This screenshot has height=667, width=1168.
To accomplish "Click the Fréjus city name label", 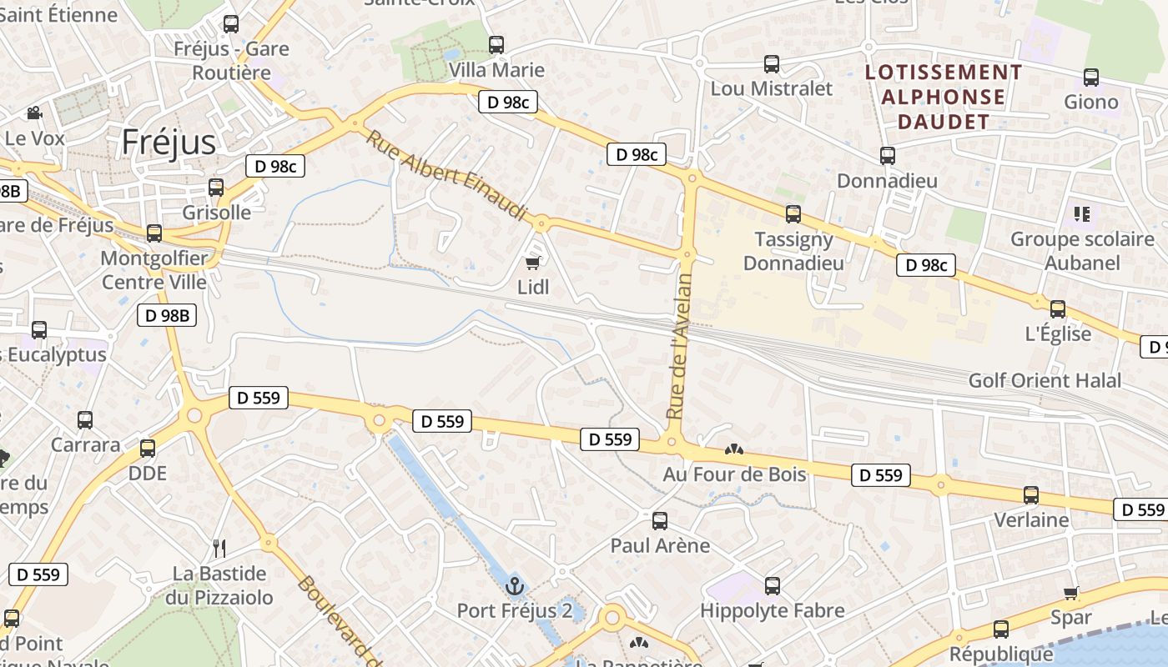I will click(169, 143).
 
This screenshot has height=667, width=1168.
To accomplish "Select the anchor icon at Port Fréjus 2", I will click(514, 586).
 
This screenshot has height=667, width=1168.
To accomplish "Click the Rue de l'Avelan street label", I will click(681, 345).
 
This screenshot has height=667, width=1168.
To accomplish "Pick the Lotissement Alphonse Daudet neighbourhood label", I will click(944, 97).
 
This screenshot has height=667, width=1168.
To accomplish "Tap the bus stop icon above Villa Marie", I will click(496, 45).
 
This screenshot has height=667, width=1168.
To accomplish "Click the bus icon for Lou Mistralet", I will click(772, 64).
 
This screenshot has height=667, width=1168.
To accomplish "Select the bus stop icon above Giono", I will click(1091, 78).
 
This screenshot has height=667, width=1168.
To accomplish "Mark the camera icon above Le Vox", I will click(34, 113).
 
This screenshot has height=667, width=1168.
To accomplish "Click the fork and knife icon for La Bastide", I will click(219, 548).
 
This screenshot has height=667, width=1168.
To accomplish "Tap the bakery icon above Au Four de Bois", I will click(734, 450).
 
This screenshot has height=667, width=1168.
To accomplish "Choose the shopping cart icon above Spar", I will click(1071, 594).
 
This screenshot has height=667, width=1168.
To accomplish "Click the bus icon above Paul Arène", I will click(660, 521).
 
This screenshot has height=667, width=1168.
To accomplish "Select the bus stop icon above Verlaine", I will click(1031, 495).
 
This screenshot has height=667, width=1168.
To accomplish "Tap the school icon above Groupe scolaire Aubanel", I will click(1082, 214).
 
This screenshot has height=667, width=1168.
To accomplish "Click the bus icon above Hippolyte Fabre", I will click(773, 586).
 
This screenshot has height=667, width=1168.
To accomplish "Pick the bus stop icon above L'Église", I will click(1058, 309).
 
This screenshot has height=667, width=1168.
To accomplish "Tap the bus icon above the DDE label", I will click(148, 449).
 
